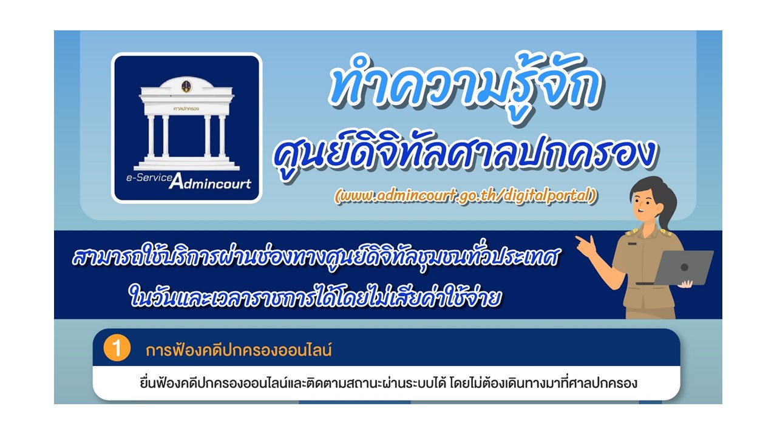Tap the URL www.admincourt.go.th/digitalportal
point(466,196)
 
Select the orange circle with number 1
point(117,349)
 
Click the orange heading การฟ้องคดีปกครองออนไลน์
point(239,351)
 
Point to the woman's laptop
point(684,268)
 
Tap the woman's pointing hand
point(586,246)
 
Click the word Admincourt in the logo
point(210,183)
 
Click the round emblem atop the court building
point(186,86)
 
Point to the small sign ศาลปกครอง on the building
point(186,108)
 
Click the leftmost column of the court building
point(151,136)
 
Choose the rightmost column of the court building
point(222,136)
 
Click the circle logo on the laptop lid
point(684,267)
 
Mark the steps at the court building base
point(186,164)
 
